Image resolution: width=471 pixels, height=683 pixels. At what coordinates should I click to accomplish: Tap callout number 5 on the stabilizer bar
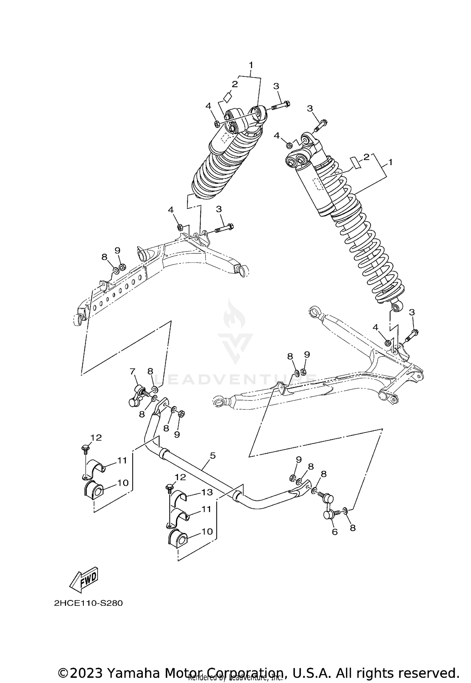click(213, 455)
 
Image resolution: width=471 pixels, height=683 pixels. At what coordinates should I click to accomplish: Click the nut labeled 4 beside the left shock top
click(216, 124)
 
